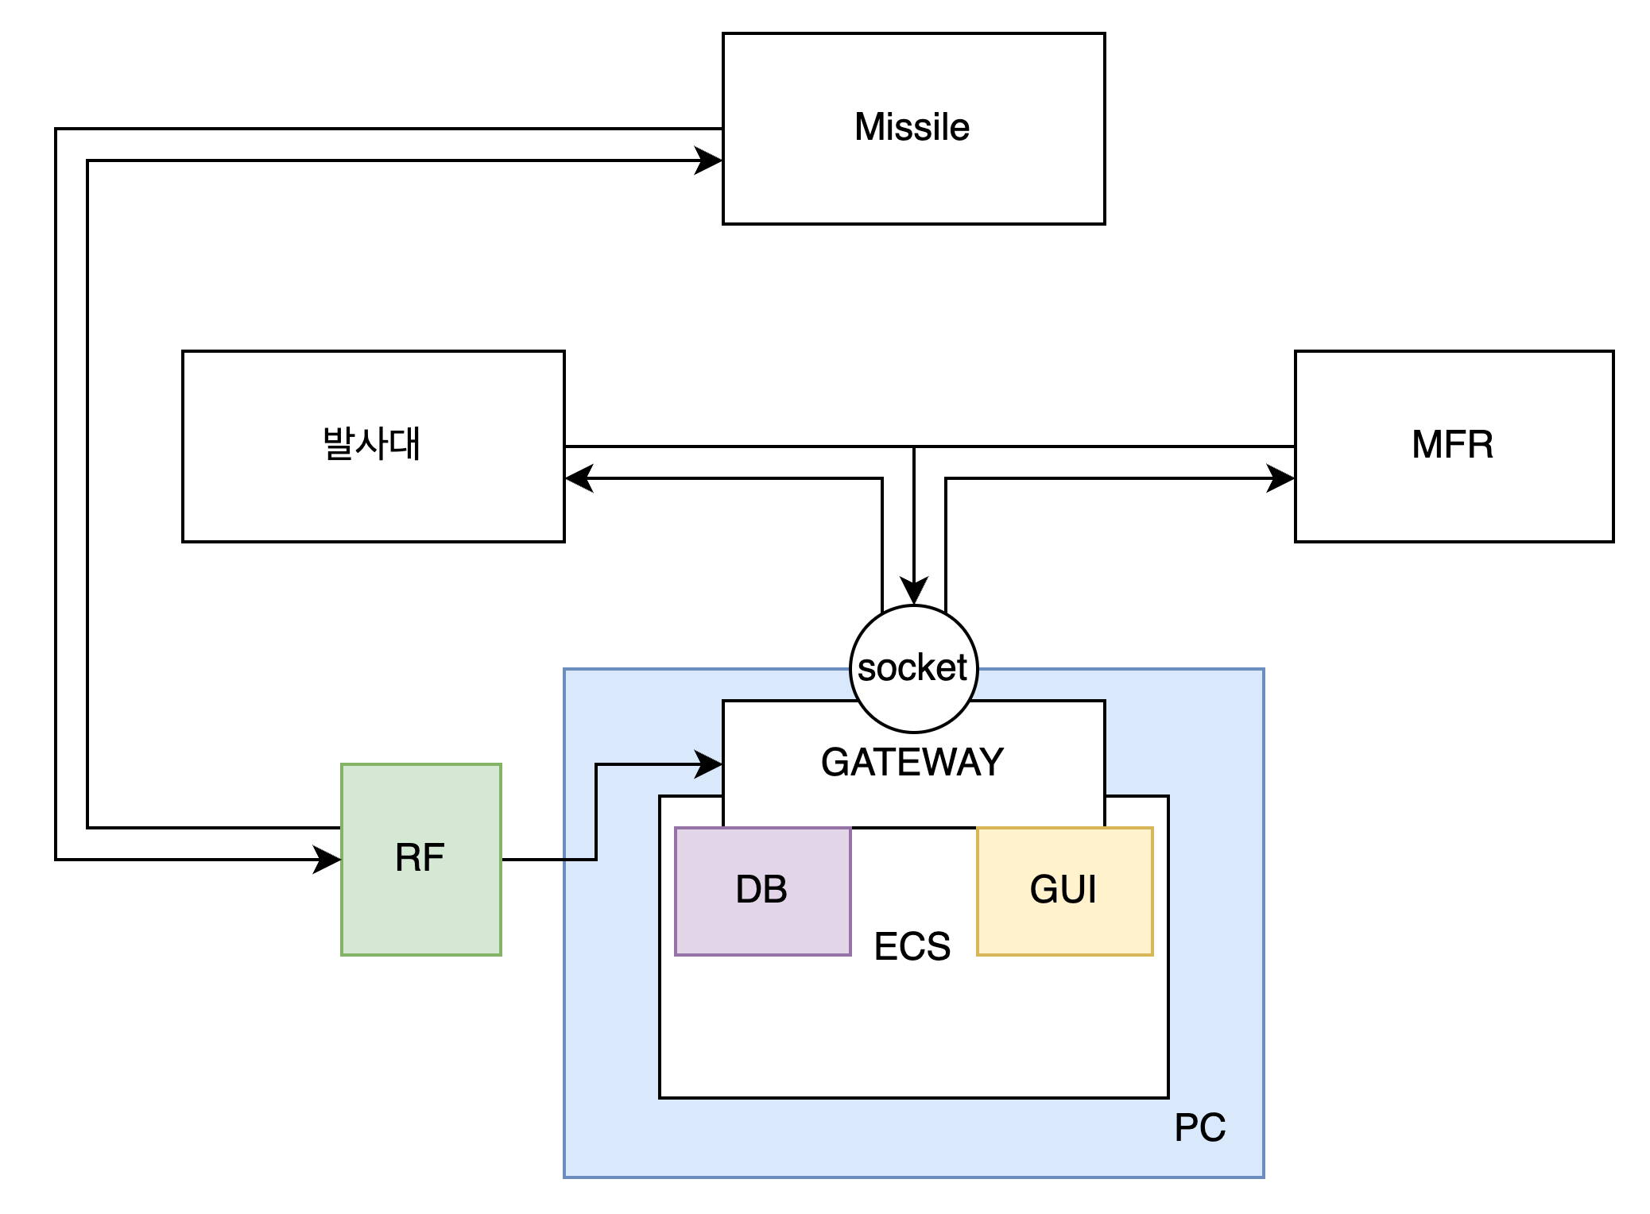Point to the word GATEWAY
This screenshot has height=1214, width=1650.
(912, 762)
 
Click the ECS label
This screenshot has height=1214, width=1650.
(912, 946)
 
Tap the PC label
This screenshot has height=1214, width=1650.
(1200, 1127)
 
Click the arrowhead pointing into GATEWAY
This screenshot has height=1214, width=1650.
(709, 764)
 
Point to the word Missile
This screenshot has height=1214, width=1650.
(912, 127)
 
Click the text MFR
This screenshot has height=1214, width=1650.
(1453, 445)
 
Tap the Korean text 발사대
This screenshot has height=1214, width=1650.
(372, 444)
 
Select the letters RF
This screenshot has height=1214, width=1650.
(420, 858)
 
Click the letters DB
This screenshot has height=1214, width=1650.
(761, 889)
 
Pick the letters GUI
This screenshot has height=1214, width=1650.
(1063, 889)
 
